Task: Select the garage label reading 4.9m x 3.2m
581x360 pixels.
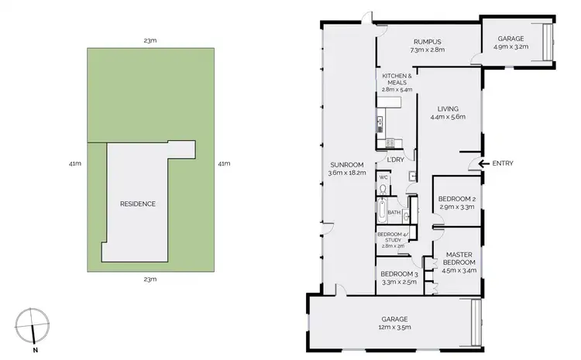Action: click(510, 42)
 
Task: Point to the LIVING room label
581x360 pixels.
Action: click(448, 113)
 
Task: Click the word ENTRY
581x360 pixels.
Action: click(502, 163)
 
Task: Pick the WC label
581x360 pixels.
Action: click(383, 177)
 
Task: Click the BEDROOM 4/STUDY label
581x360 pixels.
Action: click(394, 239)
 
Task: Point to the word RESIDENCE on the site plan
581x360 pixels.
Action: click(138, 204)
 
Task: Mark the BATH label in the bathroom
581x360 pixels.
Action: click(394, 212)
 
